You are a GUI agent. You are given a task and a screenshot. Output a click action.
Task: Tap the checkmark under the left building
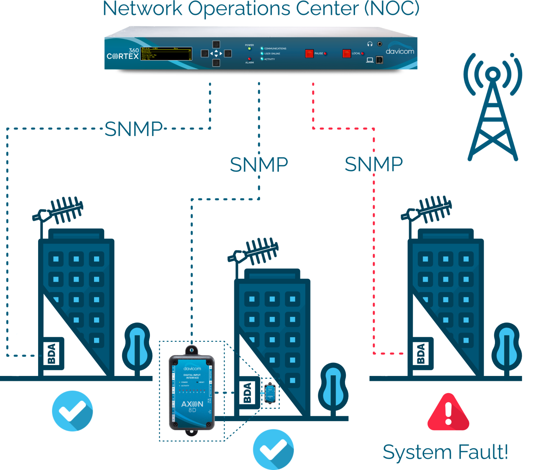pyautogui.click(x=73, y=411)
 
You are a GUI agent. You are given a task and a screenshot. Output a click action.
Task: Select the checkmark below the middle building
pyautogui.click(x=273, y=449)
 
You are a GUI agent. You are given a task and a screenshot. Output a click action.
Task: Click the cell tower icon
pyautogui.click(x=493, y=107)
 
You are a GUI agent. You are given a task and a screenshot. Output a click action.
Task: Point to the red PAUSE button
pyautogui.click(x=309, y=53)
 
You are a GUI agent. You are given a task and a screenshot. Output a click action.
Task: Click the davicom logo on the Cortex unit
pyautogui.click(x=400, y=51)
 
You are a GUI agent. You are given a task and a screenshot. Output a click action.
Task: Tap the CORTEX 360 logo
pyautogui.click(x=123, y=54)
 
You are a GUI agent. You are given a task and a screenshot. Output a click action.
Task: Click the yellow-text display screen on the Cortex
pyautogui.click(x=166, y=54)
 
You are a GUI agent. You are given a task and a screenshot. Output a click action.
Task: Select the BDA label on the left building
pyautogui.click(x=52, y=354)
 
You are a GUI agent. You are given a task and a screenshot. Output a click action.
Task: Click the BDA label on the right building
pyautogui.click(x=421, y=354)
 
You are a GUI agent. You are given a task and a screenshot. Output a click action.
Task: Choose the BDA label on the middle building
pyautogui.click(x=248, y=393)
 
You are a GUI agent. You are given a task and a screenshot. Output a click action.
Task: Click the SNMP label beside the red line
pyautogui.click(x=374, y=164)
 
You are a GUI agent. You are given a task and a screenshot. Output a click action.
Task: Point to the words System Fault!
pyautogui.click(x=445, y=452)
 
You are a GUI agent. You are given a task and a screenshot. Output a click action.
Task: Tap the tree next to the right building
pyautogui.click(x=506, y=347)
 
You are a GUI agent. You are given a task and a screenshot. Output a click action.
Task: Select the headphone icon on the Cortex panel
pyautogui.click(x=370, y=44)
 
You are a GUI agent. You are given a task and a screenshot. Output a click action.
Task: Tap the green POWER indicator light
pyautogui.click(x=249, y=49)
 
